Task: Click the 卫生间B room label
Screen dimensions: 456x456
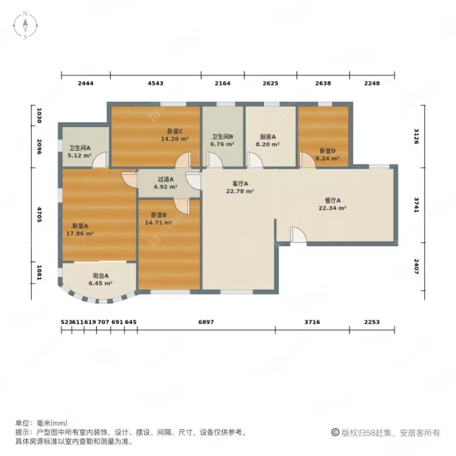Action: tap(222, 137)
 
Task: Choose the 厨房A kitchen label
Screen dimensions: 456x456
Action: tap(267, 137)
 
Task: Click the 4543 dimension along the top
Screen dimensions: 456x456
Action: tap(155, 83)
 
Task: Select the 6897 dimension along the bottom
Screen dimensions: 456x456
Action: tap(206, 322)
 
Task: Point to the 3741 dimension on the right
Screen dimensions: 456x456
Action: tap(417, 203)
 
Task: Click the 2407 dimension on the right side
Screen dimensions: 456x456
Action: tap(417, 267)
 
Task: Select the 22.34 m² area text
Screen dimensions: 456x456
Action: tap(332, 208)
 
